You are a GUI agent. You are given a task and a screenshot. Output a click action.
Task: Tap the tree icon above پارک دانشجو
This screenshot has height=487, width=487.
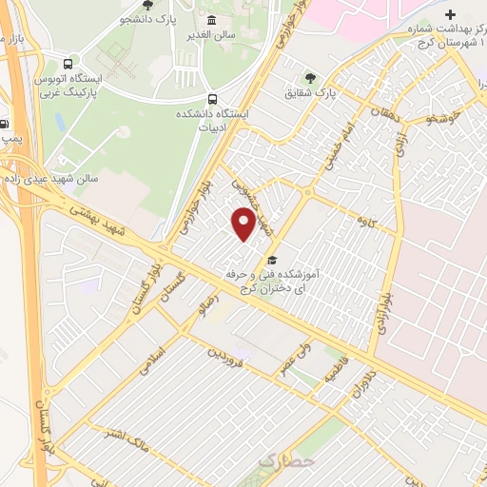click(x=146, y=5)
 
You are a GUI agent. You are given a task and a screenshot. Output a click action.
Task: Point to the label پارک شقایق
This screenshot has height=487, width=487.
click(x=311, y=94)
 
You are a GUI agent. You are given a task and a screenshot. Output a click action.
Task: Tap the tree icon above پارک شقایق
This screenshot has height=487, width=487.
click(x=310, y=77)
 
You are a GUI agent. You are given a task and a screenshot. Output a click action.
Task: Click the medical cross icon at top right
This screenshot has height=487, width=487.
click(x=450, y=15)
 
